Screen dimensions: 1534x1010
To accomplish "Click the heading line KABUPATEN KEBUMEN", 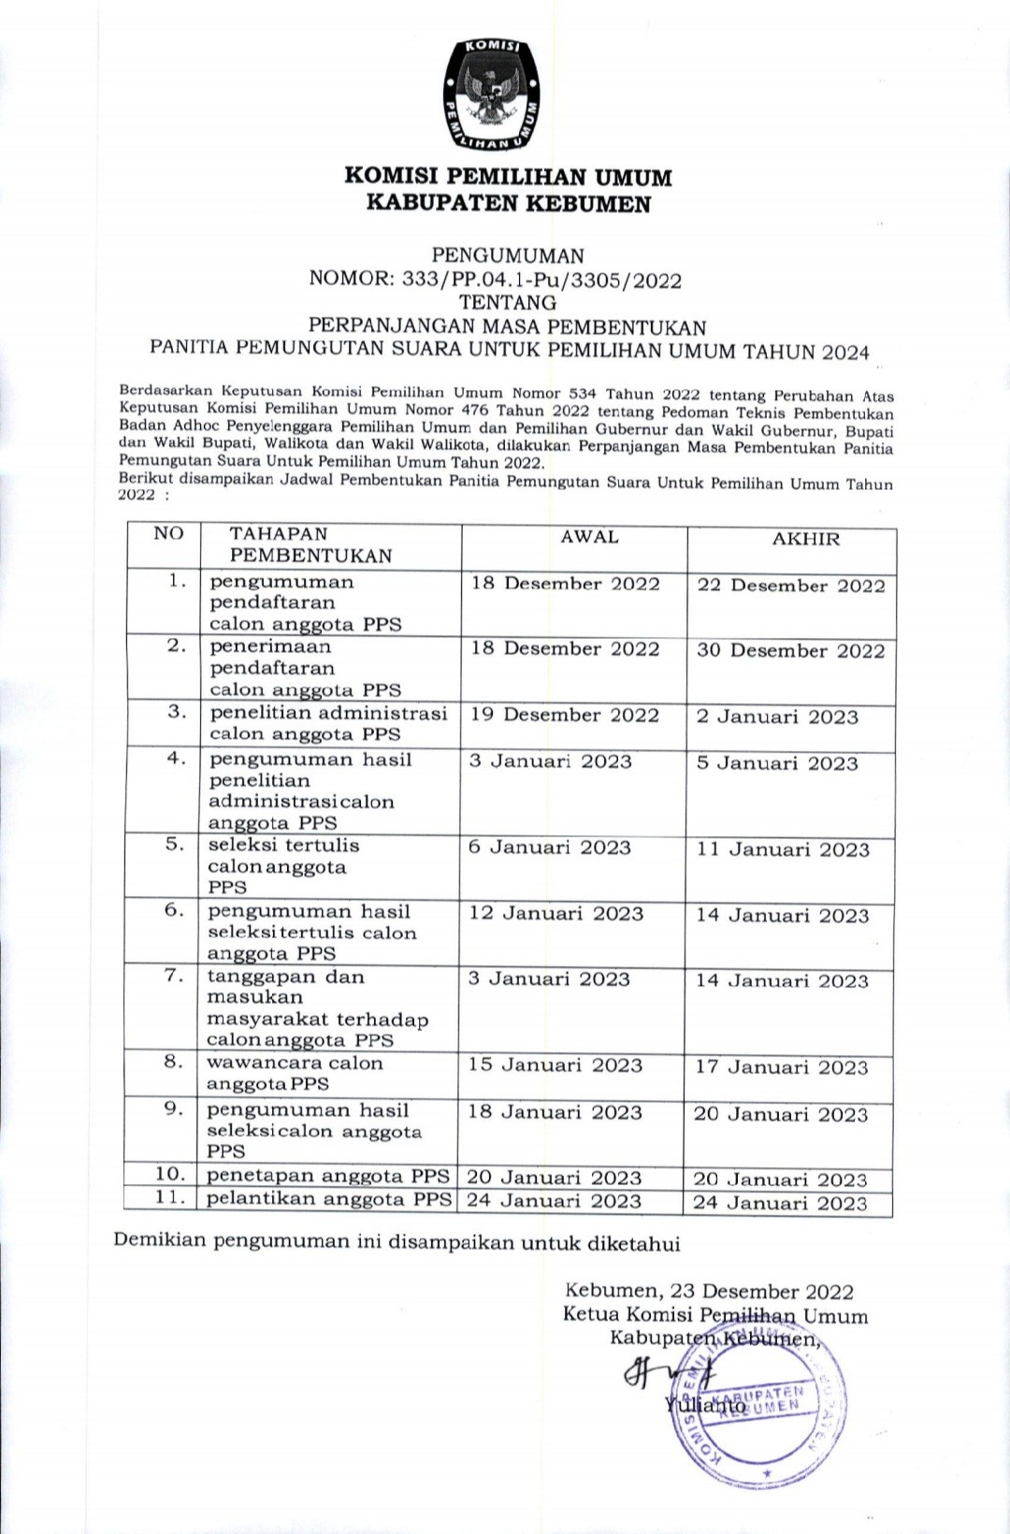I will [x=508, y=203].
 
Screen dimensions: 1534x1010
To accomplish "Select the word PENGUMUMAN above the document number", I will [x=508, y=255].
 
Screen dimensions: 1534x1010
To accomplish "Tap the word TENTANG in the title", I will [x=508, y=303].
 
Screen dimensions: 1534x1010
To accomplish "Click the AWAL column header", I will [x=589, y=537].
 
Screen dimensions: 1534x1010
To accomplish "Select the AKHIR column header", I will [x=805, y=539].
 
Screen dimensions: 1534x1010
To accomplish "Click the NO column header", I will [x=169, y=533].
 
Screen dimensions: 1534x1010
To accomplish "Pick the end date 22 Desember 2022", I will [x=790, y=586].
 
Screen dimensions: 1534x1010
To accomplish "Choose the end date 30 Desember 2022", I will [x=790, y=651].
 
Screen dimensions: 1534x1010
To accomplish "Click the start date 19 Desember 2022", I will [x=565, y=716].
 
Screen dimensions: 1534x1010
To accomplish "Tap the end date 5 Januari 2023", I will [x=777, y=763].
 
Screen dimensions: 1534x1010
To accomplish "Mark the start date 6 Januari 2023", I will [x=550, y=847].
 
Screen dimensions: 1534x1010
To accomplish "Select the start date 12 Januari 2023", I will [x=556, y=914].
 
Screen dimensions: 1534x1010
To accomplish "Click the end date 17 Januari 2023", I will [x=782, y=1067].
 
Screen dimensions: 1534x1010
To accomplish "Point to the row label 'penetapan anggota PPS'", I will [x=327, y=1176].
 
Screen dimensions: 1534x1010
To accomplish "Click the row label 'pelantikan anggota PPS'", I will [x=329, y=1199].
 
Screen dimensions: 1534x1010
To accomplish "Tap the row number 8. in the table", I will [x=173, y=1062].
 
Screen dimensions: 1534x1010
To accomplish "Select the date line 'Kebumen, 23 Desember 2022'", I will [x=709, y=1292].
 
